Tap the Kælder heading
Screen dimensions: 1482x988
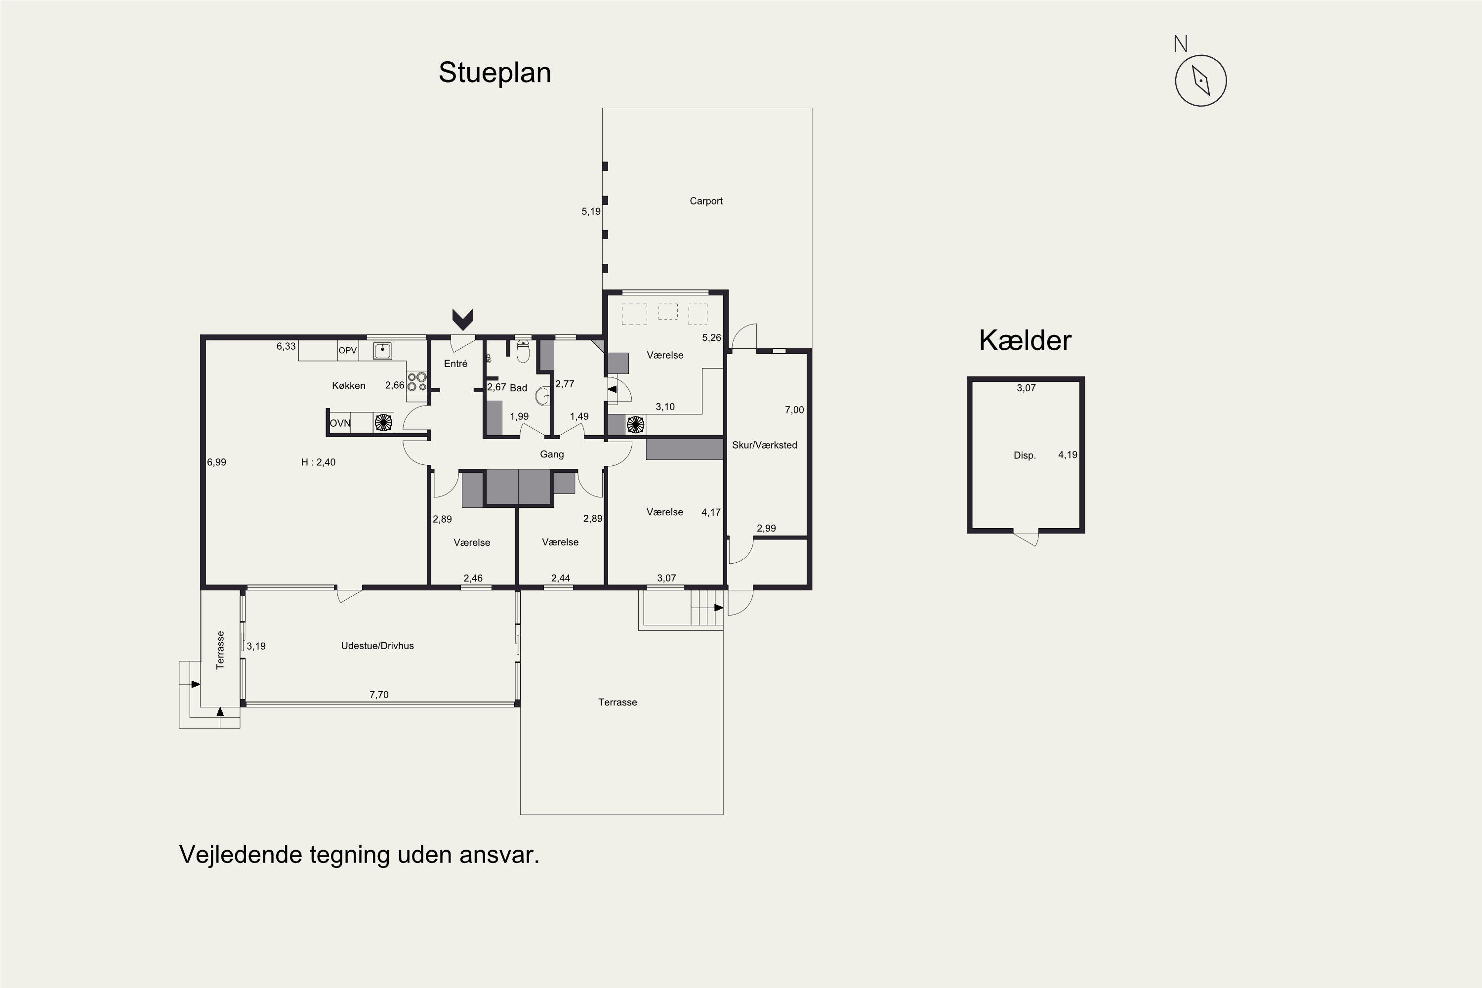pyautogui.click(x=1025, y=340)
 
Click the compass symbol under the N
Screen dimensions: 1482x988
pyautogui.click(x=1200, y=81)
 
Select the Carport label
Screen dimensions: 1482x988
pyautogui.click(x=706, y=201)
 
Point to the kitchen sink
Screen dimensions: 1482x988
pyautogui.click(x=382, y=350)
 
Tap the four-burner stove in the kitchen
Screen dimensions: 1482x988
pyautogui.click(x=416, y=382)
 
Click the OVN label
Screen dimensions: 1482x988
pyautogui.click(x=340, y=423)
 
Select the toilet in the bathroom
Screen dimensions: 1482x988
pyautogui.click(x=522, y=352)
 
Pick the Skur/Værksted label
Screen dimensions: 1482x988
pyautogui.click(x=764, y=445)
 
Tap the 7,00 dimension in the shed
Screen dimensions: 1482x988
pyautogui.click(x=794, y=410)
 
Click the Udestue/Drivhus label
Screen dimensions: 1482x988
pyautogui.click(x=377, y=646)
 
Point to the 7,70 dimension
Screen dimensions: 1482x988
pyautogui.click(x=379, y=695)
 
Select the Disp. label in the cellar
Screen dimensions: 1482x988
pyautogui.click(x=1025, y=455)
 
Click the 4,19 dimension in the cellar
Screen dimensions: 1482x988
pyautogui.click(x=1068, y=455)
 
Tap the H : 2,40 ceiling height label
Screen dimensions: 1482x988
pyautogui.click(x=318, y=462)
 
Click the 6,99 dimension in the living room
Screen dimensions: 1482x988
pyautogui.click(x=216, y=462)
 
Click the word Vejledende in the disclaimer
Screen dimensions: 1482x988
pyautogui.click(x=241, y=855)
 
